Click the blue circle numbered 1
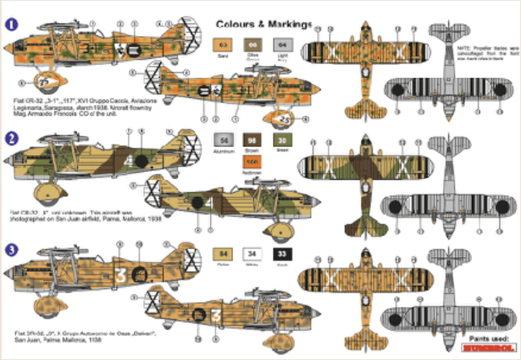[x=10, y=24]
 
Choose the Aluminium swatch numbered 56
[x=224, y=141]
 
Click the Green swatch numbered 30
[x=281, y=141]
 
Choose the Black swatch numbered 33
[x=281, y=256]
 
